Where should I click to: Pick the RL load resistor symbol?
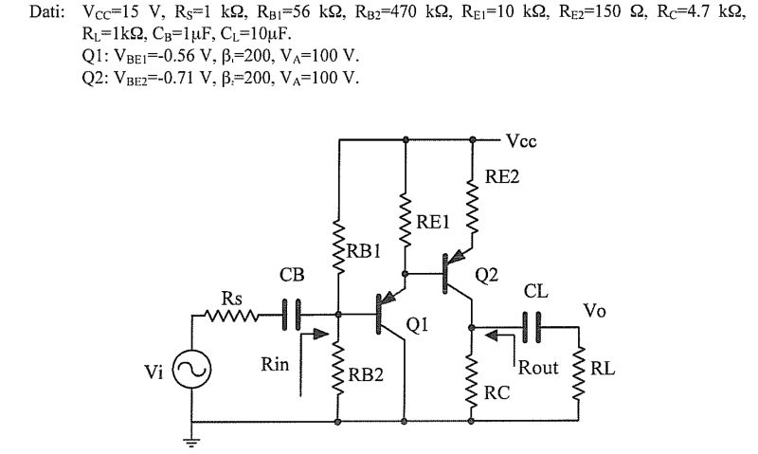(578, 372)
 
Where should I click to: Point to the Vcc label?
(524, 142)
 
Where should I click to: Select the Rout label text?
(537, 367)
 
